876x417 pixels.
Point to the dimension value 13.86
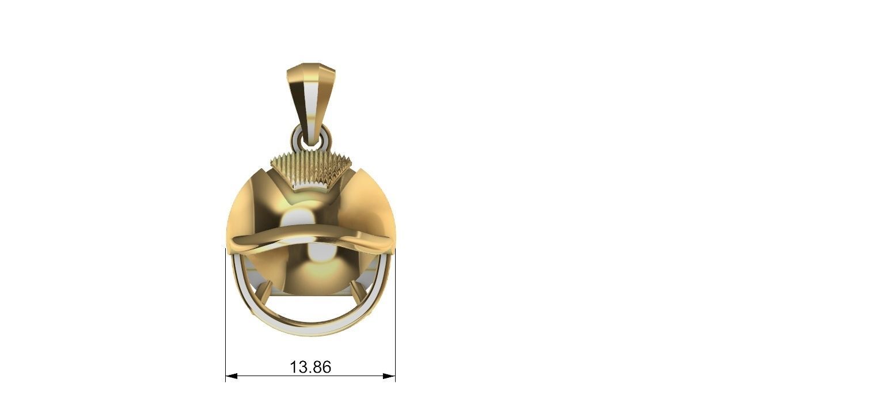pyautogui.click(x=310, y=367)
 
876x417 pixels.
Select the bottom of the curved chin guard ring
pyautogui.click(x=311, y=329)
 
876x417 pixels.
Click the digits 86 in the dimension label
pyautogui.click(x=321, y=367)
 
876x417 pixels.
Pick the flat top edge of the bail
pyautogui.click(x=311, y=65)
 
